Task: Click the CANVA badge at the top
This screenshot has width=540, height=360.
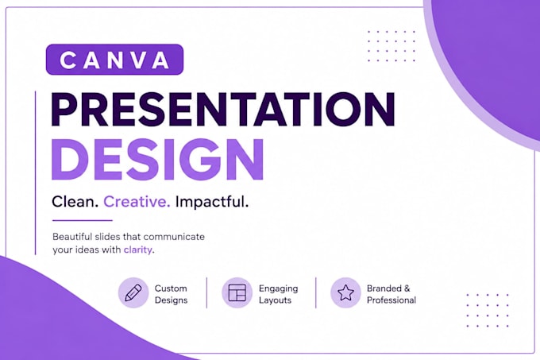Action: click(x=114, y=60)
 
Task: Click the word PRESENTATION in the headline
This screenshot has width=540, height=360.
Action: click(x=223, y=110)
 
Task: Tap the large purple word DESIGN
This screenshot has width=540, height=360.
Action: click(x=158, y=160)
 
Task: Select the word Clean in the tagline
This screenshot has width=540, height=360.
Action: click(x=75, y=202)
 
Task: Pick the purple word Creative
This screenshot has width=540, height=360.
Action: click(x=137, y=202)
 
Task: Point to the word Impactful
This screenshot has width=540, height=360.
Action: click(x=212, y=202)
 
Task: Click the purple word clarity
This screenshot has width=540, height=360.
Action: click(x=137, y=250)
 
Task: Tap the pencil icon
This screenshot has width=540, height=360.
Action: click(x=133, y=292)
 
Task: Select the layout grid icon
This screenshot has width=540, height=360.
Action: click(x=237, y=292)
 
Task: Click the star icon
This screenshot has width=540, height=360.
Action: click(x=345, y=292)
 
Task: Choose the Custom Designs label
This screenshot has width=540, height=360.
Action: click(x=171, y=294)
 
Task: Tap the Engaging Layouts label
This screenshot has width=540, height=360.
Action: click(x=278, y=294)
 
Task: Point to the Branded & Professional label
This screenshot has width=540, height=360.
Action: click(x=391, y=294)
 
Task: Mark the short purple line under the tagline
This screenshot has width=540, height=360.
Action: click(x=83, y=220)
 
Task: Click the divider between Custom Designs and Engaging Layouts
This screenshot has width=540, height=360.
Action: click(x=206, y=292)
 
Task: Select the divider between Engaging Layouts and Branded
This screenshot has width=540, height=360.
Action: click(x=316, y=292)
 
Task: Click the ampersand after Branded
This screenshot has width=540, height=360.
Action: click(x=407, y=288)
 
